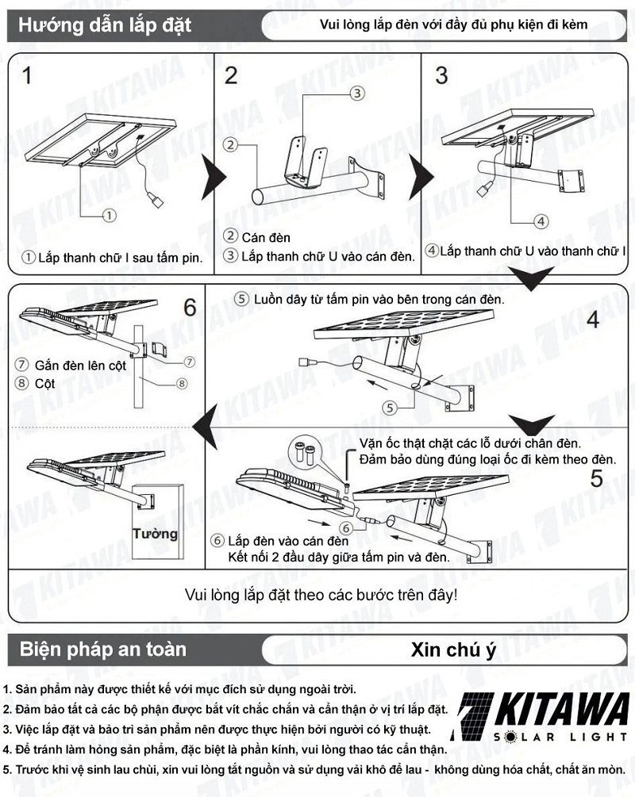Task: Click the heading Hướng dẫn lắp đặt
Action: click(105, 25)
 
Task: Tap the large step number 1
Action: click(28, 77)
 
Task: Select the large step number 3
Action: click(441, 76)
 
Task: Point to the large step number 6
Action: click(189, 307)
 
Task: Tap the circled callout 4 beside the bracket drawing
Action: click(539, 220)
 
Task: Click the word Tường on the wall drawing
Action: click(156, 533)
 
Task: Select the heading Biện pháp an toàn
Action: click(103, 650)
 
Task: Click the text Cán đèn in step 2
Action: click(267, 237)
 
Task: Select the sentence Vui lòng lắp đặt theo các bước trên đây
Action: click(321, 594)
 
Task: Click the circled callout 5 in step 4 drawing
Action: click(388, 408)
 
